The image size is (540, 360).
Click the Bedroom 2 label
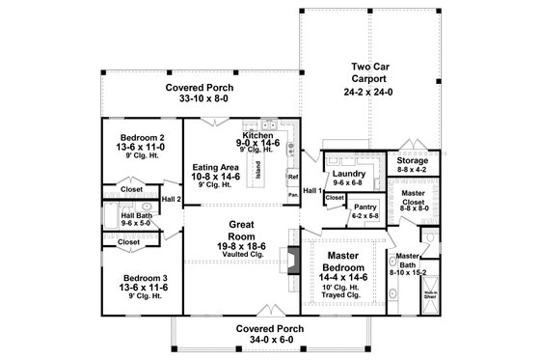[x=141, y=137]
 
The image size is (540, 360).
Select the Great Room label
[x=241, y=225]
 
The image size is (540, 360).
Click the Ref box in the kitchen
[x=292, y=178]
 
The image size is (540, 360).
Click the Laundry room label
[x=346, y=173]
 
